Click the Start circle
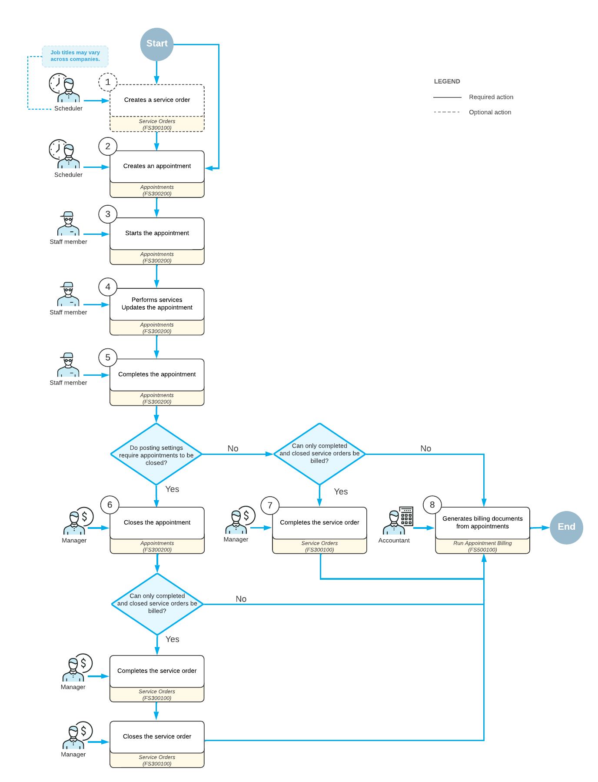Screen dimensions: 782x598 pos(157,44)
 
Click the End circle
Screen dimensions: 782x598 pos(566,527)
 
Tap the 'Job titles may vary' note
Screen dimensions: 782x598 pos(75,56)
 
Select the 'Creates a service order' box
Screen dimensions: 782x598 pos(157,100)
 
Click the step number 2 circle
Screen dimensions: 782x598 pos(108,147)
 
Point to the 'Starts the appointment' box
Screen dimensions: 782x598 pos(157,234)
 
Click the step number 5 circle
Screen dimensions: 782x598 pos(108,358)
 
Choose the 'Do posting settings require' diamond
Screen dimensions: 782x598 pos(156,455)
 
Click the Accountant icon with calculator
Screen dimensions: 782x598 pos(398,521)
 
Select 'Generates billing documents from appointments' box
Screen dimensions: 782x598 pos(482,523)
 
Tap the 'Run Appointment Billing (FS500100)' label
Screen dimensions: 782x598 pos(482,547)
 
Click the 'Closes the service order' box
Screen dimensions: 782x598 pos(157,737)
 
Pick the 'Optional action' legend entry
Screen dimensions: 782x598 pos(490,112)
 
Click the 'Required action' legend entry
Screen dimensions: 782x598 pos(491,97)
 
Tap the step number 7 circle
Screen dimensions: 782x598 pos(270,505)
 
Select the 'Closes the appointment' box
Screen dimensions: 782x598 pos(157,523)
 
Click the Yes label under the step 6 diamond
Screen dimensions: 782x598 pos(172,639)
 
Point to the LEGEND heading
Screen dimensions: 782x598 pos(447,81)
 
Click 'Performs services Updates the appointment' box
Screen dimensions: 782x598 pos(157,304)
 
